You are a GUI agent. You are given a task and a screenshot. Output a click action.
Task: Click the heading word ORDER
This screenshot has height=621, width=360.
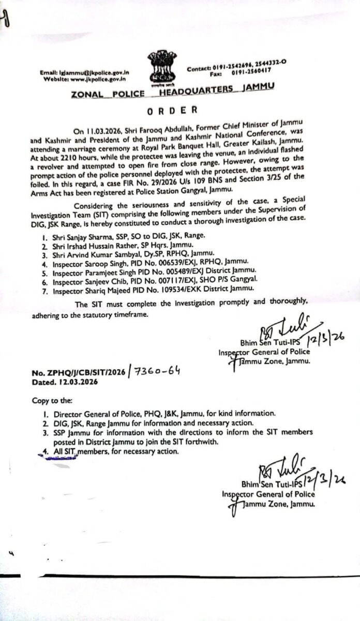[173, 110]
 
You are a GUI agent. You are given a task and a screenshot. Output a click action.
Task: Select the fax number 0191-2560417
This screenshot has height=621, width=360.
[252, 74]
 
